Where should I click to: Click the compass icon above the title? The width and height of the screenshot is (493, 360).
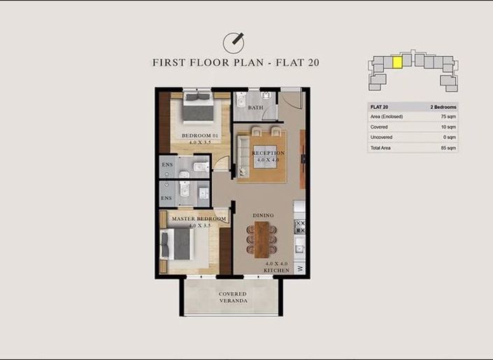pyautogui.click(x=236, y=42)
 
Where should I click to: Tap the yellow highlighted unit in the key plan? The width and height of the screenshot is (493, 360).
pyautogui.click(x=396, y=62)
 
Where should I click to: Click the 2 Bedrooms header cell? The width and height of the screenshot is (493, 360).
pyautogui.click(x=443, y=107)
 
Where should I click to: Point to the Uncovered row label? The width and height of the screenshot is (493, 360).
pyautogui.click(x=382, y=138)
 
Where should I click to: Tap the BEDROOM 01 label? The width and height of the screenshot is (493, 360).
pyautogui.click(x=200, y=135)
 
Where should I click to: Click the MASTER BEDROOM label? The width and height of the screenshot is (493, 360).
pyautogui.click(x=199, y=219)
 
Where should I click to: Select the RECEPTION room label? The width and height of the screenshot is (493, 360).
pyautogui.click(x=268, y=153)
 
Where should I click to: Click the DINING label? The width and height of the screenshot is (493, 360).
pyautogui.click(x=264, y=215)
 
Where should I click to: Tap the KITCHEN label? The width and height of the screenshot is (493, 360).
pyautogui.click(x=276, y=270)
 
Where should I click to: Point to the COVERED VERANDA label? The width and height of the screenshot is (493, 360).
pyautogui.click(x=232, y=297)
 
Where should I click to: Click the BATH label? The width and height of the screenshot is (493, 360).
pyautogui.click(x=255, y=108)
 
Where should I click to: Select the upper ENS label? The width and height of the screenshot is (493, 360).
pyautogui.click(x=167, y=165)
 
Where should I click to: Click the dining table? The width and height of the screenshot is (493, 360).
pyautogui.click(x=262, y=238)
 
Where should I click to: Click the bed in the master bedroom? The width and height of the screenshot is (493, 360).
pyautogui.click(x=178, y=244)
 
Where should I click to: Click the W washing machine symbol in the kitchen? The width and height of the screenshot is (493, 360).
pyautogui.click(x=300, y=268)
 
